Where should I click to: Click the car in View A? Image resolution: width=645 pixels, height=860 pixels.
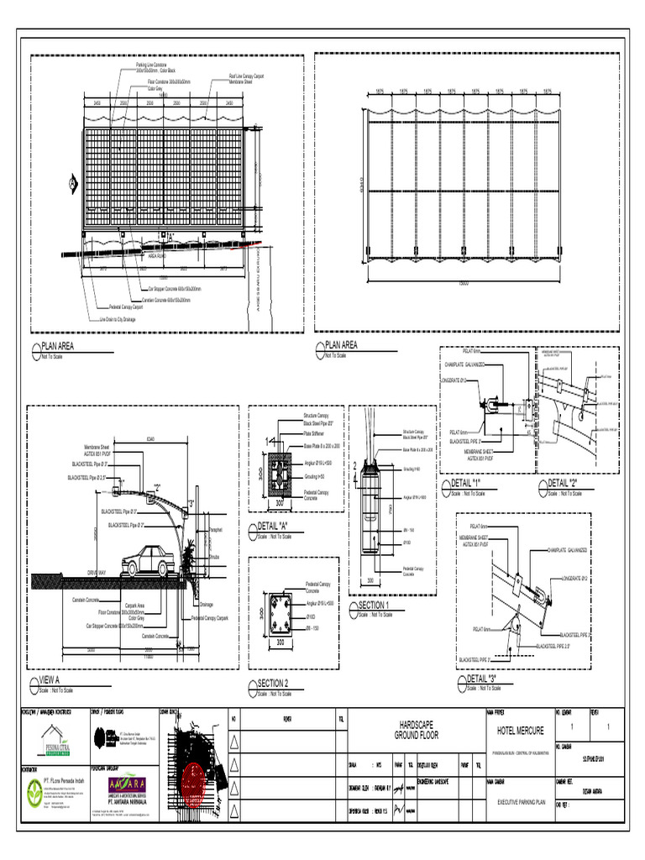[x=151, y=561]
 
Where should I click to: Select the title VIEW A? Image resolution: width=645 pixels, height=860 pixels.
[x=50, y=680]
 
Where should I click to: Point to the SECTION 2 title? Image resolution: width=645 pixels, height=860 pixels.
[x=273, y=683]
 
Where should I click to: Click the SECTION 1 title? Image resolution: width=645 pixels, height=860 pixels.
[x=374, y=605]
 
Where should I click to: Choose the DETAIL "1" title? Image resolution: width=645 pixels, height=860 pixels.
[x=468, y=484]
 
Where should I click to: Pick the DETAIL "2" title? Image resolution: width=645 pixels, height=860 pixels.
[x=564, y=483]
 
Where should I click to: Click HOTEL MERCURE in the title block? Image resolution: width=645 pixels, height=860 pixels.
[x=521, y=731]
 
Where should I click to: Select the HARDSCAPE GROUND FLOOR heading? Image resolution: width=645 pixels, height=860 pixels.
[x=418, y=729]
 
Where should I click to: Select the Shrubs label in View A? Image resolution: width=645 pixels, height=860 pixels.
[x=214, y=556]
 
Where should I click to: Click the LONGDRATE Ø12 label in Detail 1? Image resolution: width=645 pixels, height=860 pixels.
[x=454, y=379]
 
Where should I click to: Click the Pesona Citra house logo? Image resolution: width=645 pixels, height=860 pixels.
[x=55, y=737]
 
